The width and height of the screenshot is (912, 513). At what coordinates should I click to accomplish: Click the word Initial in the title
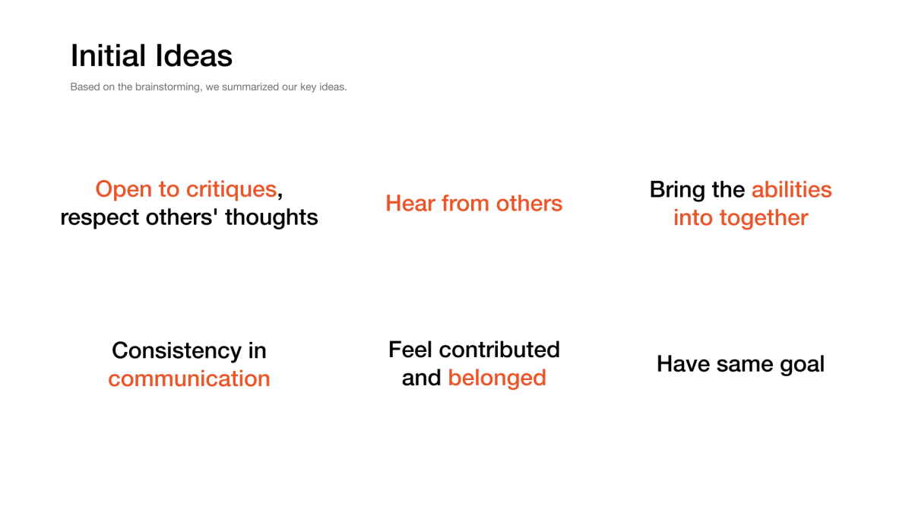coord(108,55)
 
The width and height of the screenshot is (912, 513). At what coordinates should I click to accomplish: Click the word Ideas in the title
coord(194,55)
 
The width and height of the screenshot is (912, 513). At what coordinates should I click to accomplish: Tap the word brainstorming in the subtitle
coord(169,87)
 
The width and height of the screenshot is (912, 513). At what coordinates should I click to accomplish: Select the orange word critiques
coord(231,190)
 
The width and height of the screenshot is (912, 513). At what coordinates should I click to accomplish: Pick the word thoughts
coord(271,217)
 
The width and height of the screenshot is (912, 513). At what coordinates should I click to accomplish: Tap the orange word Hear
coord(410,203)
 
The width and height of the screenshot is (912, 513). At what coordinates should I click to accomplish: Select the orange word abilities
coord(791,190)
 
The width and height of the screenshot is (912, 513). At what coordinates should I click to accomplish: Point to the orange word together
coord(764,218)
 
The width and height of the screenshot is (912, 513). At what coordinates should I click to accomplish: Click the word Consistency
coord(176,351)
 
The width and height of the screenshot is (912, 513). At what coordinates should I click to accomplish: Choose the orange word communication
coord(189,378)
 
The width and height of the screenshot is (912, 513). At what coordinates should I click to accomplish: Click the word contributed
coord(499,350)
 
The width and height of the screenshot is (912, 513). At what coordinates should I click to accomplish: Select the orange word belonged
coord(497,378)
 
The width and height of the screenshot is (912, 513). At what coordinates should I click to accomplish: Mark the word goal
coord(802,364)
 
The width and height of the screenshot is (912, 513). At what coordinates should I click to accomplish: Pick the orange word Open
coord(124,190)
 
